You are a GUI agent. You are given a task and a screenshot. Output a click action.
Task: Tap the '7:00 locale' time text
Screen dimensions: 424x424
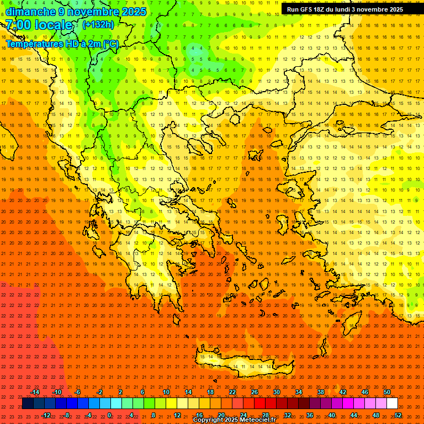(39, 25)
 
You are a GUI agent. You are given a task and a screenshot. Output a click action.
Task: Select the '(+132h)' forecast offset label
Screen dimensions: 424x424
(98, 24)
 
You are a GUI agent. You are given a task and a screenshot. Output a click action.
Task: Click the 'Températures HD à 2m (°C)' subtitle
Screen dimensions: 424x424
(62, 44)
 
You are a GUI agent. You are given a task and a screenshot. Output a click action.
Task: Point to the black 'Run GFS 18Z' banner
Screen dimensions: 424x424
(345, 9)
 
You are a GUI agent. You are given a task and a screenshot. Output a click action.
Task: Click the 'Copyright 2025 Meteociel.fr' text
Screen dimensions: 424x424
(234, 420)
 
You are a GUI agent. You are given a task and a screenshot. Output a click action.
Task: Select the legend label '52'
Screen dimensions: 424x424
(397, 415)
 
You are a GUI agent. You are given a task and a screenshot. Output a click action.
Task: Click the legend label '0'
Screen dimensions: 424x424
(109, 415)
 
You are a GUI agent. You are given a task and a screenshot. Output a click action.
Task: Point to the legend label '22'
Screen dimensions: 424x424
(232, 392)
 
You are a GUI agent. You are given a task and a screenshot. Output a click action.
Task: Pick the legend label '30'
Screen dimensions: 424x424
(276, 392)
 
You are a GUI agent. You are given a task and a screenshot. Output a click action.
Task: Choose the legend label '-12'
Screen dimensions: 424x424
(46, 415)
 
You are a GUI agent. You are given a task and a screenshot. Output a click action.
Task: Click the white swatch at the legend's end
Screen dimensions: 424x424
(392, 404)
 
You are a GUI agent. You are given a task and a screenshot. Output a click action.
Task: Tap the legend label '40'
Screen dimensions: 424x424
(332, 415)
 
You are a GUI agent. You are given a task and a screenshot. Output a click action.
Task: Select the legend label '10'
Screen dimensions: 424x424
(166, 392)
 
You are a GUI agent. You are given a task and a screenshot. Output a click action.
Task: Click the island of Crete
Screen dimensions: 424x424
(237, 362)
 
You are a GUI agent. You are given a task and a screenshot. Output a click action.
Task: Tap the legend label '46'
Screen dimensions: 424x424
(365, 392)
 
